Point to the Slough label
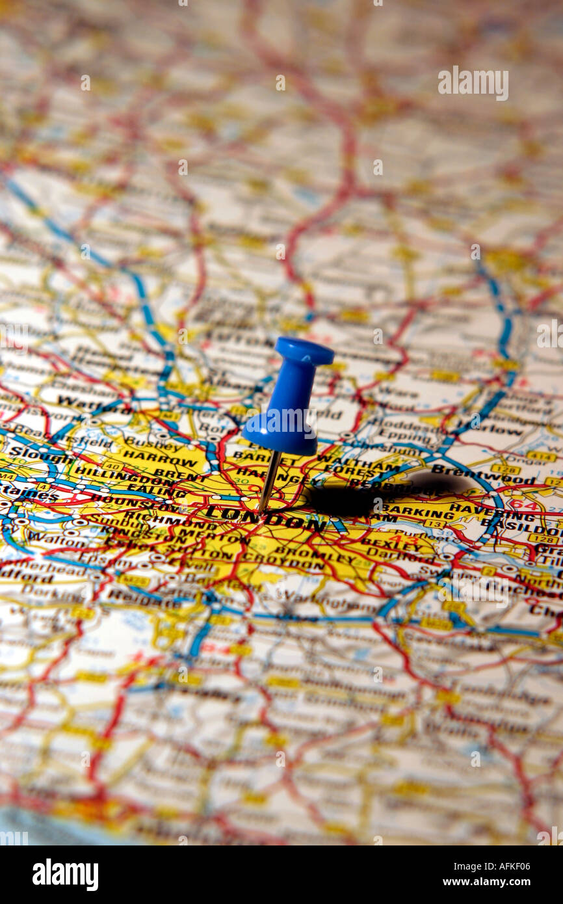click(33, 453)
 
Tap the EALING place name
click(150, 487)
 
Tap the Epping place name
click(397, 434)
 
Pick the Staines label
click(19, 494)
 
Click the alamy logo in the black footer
click(65, 874)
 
